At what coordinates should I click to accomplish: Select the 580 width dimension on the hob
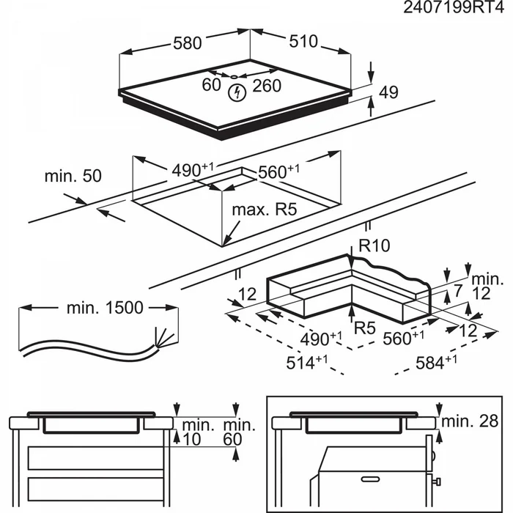[187, 43]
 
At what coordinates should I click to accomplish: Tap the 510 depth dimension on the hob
[303, 42]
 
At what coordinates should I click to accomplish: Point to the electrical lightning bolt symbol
[237, 92]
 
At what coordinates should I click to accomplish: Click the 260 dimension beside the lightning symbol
[267, 86]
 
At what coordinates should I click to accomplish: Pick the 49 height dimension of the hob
[388, 92]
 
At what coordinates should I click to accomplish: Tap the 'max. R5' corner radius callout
[263, 210]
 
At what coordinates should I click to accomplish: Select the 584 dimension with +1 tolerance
[435, 361]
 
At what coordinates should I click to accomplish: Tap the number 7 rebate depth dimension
[459, 290]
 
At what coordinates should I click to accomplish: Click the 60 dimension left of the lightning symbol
[212, 86]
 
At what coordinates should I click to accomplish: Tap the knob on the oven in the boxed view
[439, 481]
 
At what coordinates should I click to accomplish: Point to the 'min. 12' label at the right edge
[487, 286]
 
